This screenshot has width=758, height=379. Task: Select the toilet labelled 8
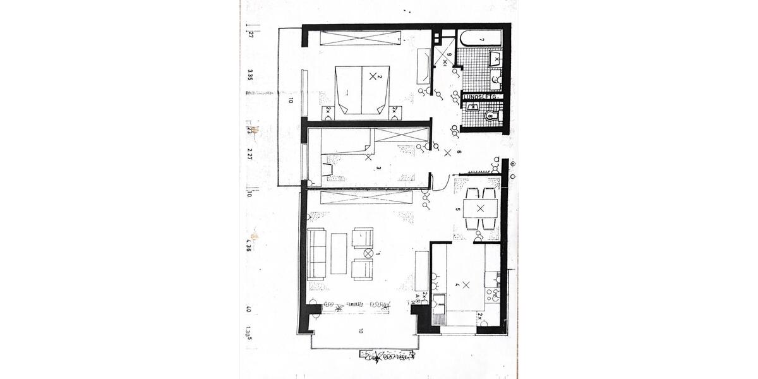(x=491, y=116)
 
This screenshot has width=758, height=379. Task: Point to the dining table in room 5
(x=480, y=208)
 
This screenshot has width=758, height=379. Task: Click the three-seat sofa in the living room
(x=316, y=254)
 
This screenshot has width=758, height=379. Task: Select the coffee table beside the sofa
(x=339, y=254)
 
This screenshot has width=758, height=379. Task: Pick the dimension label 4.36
(x=250, y=245)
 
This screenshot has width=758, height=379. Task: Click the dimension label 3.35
(x=250, y=76)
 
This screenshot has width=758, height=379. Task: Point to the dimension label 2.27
(x=250, y=154)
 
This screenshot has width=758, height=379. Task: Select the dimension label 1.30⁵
(x=250, y=332)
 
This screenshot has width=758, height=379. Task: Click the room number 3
(x=378, y=168)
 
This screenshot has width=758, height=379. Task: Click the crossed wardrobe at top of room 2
(x=362, y=38)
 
